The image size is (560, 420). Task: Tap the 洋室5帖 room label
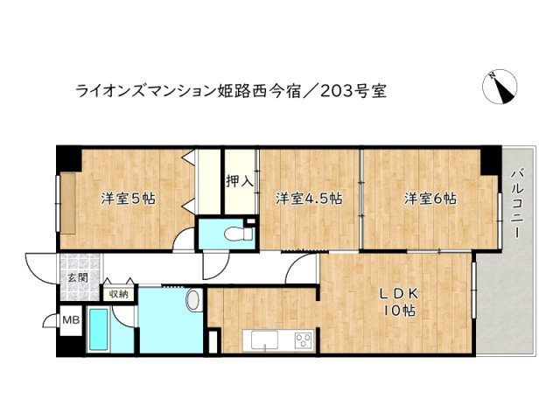click(x=128, y=199)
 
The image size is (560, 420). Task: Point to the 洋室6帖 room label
click(x=430, y=199)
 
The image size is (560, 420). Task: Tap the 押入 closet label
click(x=239, y=183)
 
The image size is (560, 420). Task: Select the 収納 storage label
click(x=117, y=295)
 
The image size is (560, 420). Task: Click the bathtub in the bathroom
click(x=98, y=330)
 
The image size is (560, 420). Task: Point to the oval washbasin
click(x=194, y=302)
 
